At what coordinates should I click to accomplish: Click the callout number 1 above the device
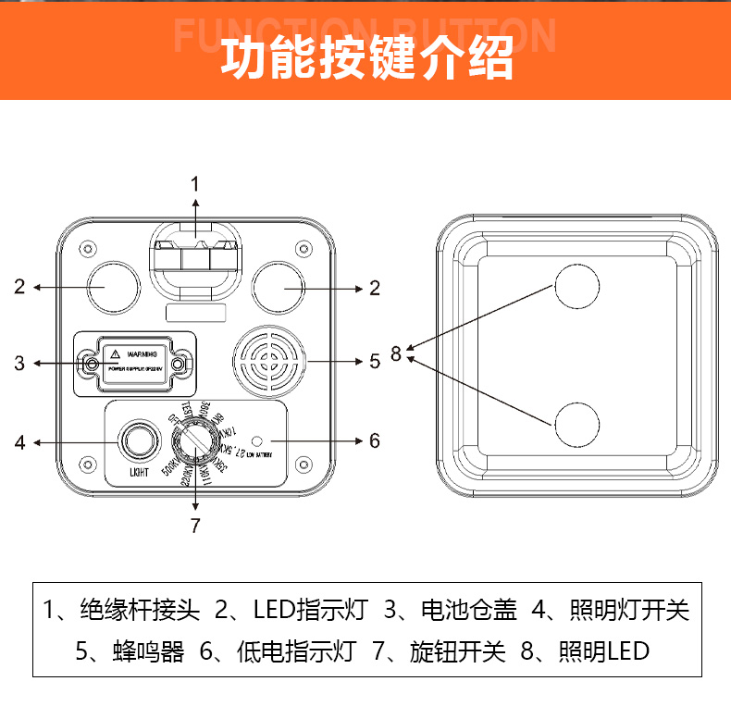click(x=195, y=182)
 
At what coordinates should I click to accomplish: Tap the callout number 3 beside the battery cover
click(x=19, y=363)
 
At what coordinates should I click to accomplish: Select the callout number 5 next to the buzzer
click(x=375, y=361)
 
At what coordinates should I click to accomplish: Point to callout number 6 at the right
click(x=375, y=440)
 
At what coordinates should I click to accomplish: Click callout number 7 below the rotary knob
click(x=195, y=526)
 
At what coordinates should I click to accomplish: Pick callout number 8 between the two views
click(x=396, y=353)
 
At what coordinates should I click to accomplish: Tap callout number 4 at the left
click(x=19, y=442)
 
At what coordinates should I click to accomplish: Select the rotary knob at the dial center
click(x=195, y=441)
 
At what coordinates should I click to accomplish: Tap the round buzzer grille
click(x=270, y=361)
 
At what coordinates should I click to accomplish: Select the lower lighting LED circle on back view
click(x=577, y=425)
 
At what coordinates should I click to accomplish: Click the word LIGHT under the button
click(x=138, y=474)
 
